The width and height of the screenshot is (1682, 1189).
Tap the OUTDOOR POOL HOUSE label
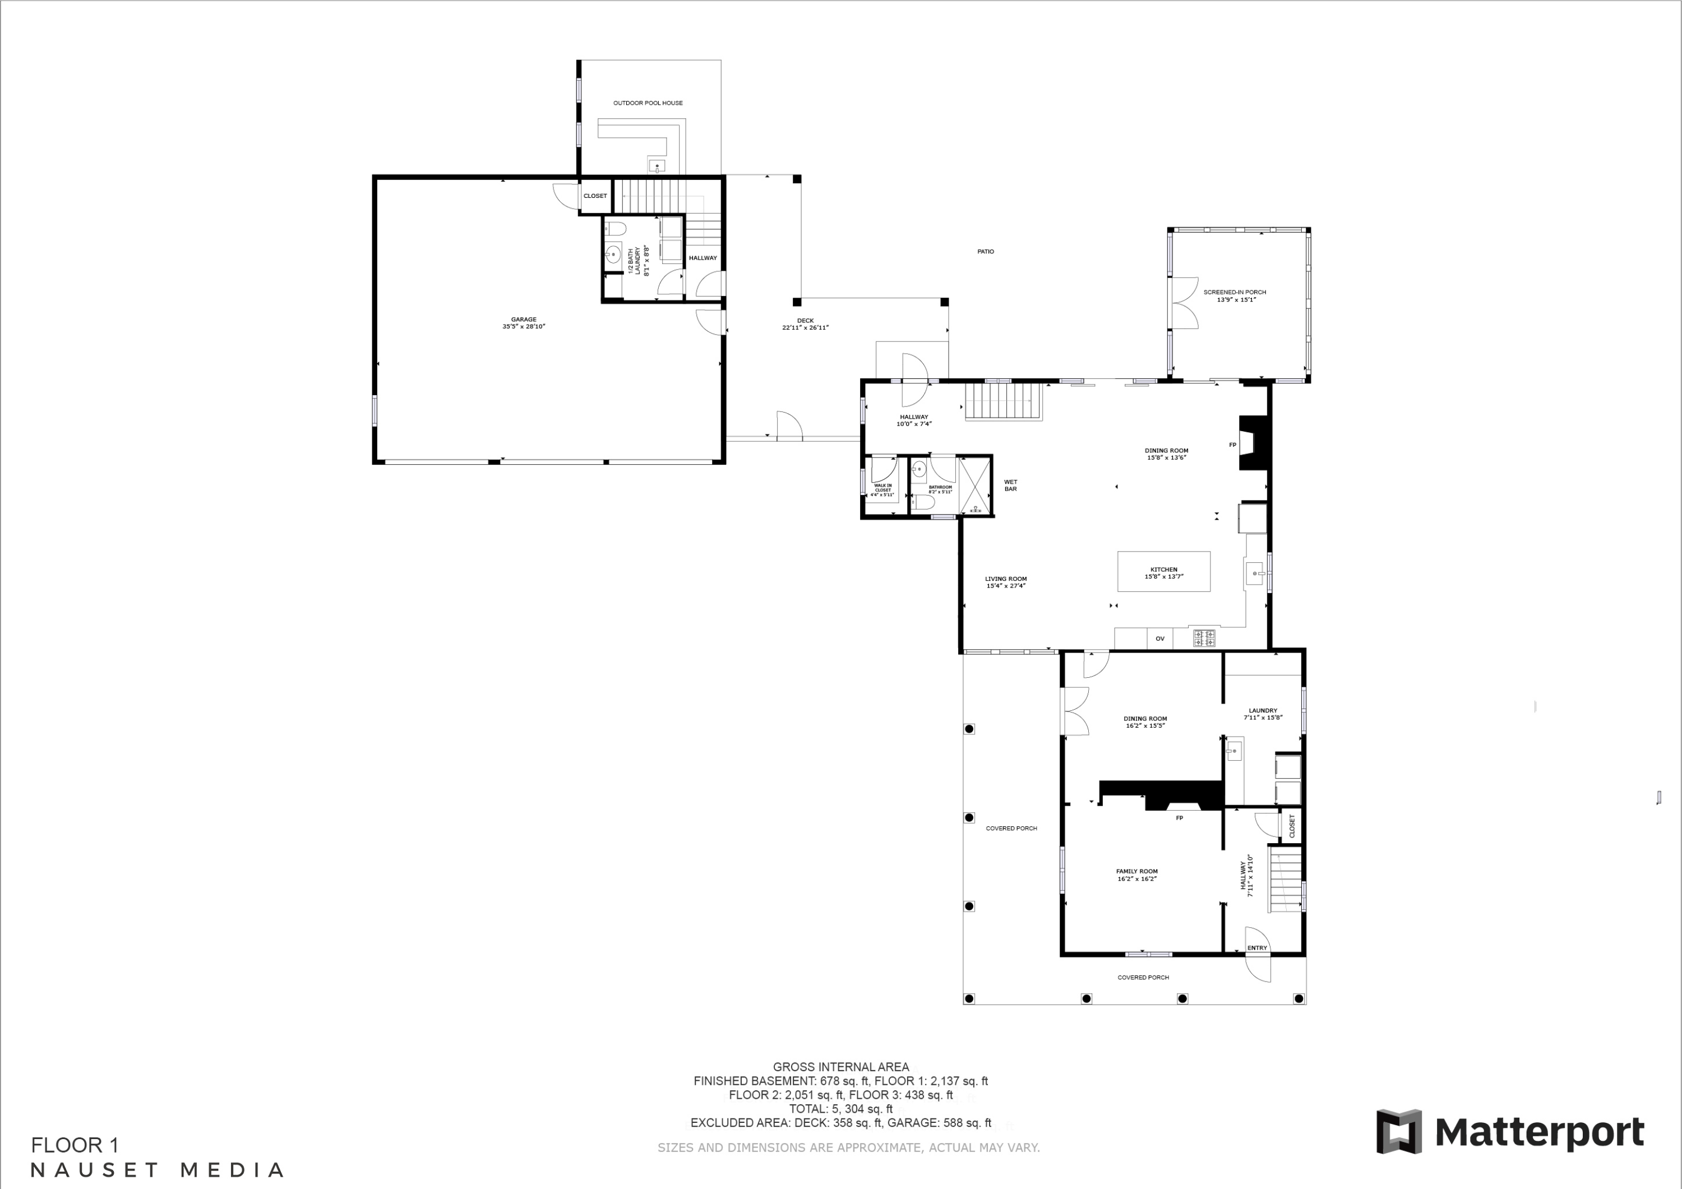[648, 103]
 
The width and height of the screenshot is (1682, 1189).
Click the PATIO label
[985, 251]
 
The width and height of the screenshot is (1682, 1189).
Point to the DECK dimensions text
[805, 327]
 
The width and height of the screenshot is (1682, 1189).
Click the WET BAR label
[1010, 485]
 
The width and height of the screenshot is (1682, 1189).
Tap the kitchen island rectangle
[1163, 571]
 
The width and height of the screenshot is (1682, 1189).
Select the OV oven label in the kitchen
[1159, 639]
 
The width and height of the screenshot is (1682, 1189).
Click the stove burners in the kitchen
[1204, 638]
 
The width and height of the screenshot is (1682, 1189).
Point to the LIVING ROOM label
[1006, 582]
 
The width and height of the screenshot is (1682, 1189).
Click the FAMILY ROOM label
[1137, 875]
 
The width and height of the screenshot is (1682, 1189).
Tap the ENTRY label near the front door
[1257, 948]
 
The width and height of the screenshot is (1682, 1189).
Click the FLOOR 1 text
[75, 1145]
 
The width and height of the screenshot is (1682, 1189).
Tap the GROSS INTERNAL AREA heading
[841, 1067]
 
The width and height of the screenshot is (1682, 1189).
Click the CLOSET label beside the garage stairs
[595, 196]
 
